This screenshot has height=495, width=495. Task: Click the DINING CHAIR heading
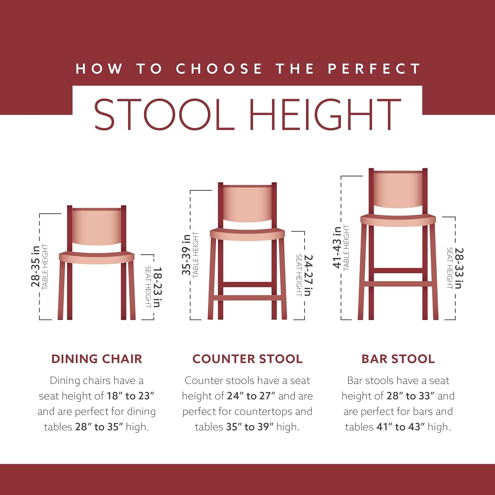point(97,359)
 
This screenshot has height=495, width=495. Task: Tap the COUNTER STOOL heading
point(247,359)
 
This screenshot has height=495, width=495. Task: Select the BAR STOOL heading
point(398,359)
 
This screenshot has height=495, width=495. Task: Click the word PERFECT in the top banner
point(374,69)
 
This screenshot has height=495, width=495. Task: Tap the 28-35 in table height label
point(36,266)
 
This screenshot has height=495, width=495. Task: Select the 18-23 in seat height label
point(157,287)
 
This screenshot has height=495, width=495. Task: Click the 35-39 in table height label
point(186,254)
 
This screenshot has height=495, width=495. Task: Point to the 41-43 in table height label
point(337,247)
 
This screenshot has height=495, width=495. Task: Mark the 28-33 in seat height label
point(459,268)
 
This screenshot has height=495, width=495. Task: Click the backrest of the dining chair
point(97,227)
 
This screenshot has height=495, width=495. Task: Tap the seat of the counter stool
point(247,233)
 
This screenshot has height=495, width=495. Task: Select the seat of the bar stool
point(398,220)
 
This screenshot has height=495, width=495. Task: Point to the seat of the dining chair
point(97,257)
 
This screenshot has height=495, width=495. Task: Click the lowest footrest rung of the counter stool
point(247,298)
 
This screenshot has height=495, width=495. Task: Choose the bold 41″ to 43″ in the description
point(400,427)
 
